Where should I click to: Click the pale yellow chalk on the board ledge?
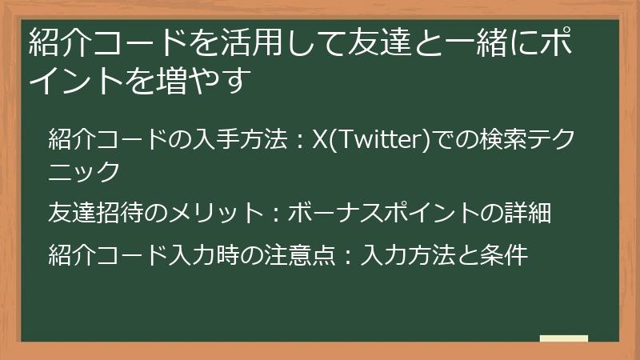tap(563, 338)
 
